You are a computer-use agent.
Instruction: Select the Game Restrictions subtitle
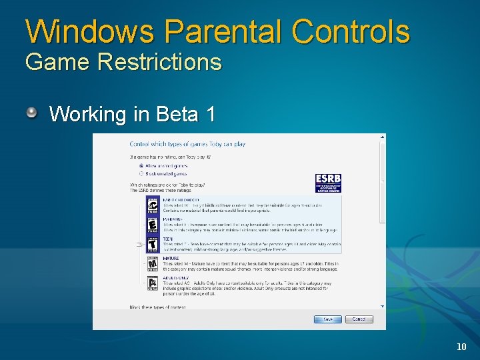point(123,62)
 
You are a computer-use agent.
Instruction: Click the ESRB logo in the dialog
point(328,183)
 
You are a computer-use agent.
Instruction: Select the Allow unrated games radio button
point(141,165)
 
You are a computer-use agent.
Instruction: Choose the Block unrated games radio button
point(141,172)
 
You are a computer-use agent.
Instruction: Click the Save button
point(328,319)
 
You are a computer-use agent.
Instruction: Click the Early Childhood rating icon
point(153,205)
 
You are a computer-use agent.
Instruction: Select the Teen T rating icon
point(153,245)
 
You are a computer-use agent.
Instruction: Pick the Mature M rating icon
point(153,265)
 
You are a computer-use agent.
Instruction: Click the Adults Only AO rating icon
point(153,284)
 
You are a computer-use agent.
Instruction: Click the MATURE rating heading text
point(171,258)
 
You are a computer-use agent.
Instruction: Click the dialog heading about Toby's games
point(187,144)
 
